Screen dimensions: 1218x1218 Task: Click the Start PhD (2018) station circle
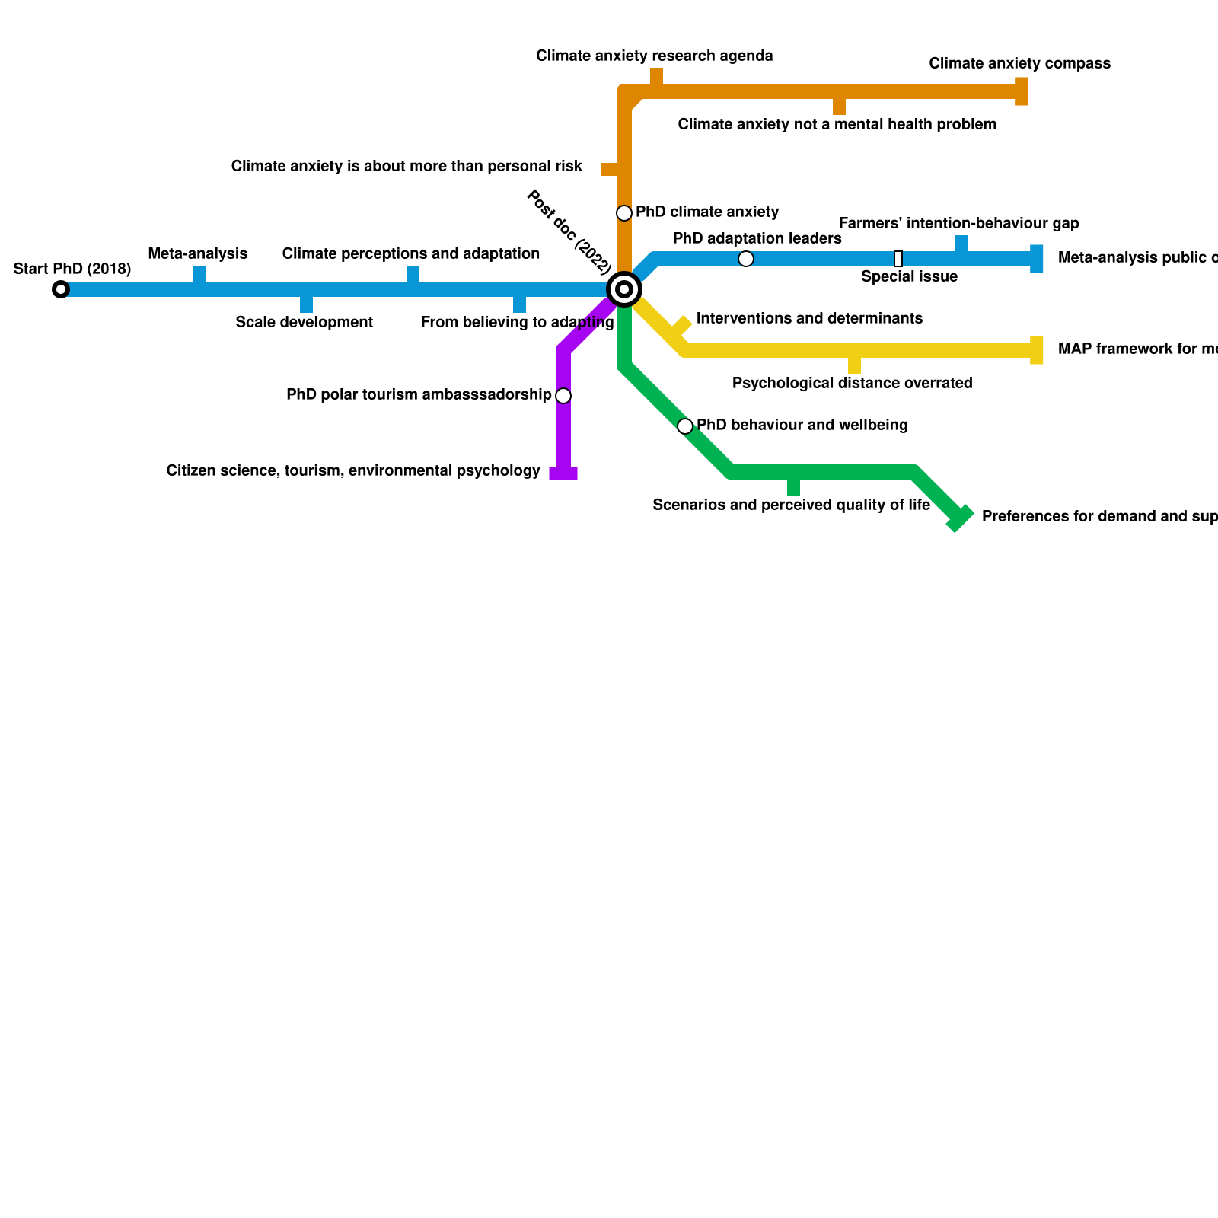(61, 289)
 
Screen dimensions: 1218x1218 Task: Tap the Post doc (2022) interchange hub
(624, 289)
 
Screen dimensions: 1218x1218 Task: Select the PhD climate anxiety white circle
(624, 213)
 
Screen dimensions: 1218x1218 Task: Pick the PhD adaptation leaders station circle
(746, 259)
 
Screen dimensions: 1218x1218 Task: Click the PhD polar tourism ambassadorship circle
(563, 396)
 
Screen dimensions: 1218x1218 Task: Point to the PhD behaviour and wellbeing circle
(685, 426)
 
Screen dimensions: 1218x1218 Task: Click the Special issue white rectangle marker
(898, 259)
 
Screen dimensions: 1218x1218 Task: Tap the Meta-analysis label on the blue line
(198, 253)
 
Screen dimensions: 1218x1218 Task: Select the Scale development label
(304, 322)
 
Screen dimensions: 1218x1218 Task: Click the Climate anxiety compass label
(1019, 63)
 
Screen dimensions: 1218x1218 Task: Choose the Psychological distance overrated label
(852, 383)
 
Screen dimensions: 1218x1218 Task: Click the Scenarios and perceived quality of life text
(791, 505)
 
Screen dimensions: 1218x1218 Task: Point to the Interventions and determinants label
(809, 318)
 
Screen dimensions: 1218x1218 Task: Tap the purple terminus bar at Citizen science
(563, 473)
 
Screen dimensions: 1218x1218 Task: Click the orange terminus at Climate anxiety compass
(1022, 91)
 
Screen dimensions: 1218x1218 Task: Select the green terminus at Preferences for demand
(960, 518)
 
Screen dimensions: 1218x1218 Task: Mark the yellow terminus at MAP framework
(1037, 350)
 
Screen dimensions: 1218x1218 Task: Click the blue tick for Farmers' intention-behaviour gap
(961, 244)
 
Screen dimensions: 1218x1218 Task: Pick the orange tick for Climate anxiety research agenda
(656, 77)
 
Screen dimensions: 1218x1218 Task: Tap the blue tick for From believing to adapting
(519, 304)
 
